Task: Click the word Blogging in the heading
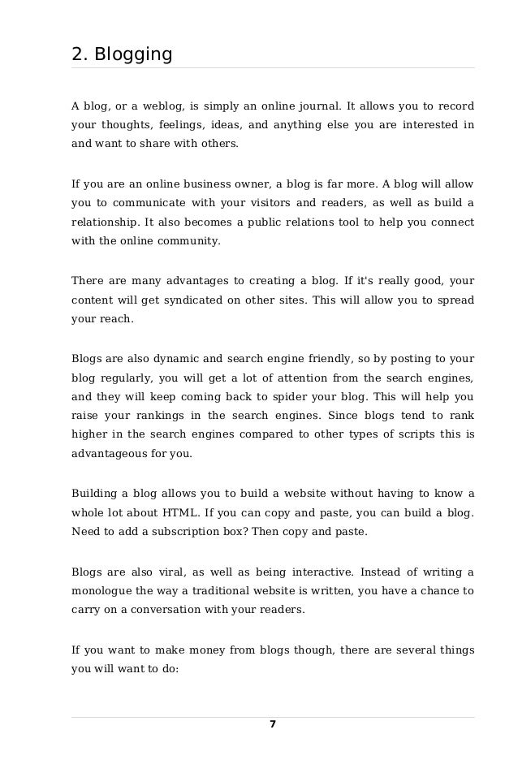click(133, 55)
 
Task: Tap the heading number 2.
click(79, 54)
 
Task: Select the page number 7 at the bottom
click(273, 724)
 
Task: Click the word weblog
click(162, 107)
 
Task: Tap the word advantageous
click(110, 454)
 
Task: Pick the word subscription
click(195, 532)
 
